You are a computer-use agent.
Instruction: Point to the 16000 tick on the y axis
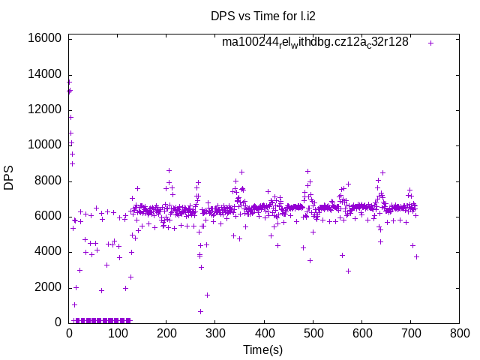[43, 38]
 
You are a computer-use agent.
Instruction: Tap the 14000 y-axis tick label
[43, 74]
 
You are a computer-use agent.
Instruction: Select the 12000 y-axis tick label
[43, 109]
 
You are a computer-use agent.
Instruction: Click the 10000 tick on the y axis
[43, 145]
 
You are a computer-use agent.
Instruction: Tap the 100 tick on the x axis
[118, 332]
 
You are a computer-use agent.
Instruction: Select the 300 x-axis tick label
[215, 332]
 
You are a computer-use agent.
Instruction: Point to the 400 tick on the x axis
[264, 332]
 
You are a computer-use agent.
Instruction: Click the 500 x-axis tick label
[313, 332]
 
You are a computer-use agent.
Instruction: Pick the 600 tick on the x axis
[361, 332]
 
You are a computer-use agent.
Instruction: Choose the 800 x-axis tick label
[459, 332]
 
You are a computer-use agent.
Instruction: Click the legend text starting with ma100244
[315, 42]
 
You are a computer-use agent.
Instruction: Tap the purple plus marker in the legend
[430, 43]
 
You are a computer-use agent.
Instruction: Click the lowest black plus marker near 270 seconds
[200, 311]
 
